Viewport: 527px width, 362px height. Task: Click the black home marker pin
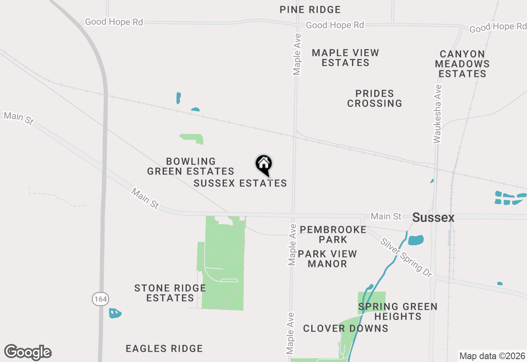pos(264,165)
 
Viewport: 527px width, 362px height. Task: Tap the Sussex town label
pos(433,218)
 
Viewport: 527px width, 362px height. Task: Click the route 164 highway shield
pos(100,299)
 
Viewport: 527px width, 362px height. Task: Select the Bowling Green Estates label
pos(191,166)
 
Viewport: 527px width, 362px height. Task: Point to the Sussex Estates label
pos(240,183)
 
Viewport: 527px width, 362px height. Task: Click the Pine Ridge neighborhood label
pos(310,9)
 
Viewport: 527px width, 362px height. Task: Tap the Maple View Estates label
pos(345,58)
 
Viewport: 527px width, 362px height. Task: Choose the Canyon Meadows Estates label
pos(462,64)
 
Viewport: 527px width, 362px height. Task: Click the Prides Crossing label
pos(375,98)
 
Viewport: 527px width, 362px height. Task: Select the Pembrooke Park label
pos(333,234)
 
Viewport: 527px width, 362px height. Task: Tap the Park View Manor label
pos(327,259)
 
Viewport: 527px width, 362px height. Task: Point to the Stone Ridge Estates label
pos(170,293)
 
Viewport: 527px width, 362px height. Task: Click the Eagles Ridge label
pos(164,349)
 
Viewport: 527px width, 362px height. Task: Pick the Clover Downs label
pos(346,328)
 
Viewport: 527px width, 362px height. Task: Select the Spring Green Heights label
pos(398,311)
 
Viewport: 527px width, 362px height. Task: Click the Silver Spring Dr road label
pos(406,258)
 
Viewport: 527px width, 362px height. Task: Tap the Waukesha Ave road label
pos(437,114)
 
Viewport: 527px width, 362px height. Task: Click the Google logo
pos(28,352)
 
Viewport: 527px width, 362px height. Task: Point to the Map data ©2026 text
pos(492,356)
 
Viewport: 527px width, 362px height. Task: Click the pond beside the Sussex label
pos(415,239)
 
